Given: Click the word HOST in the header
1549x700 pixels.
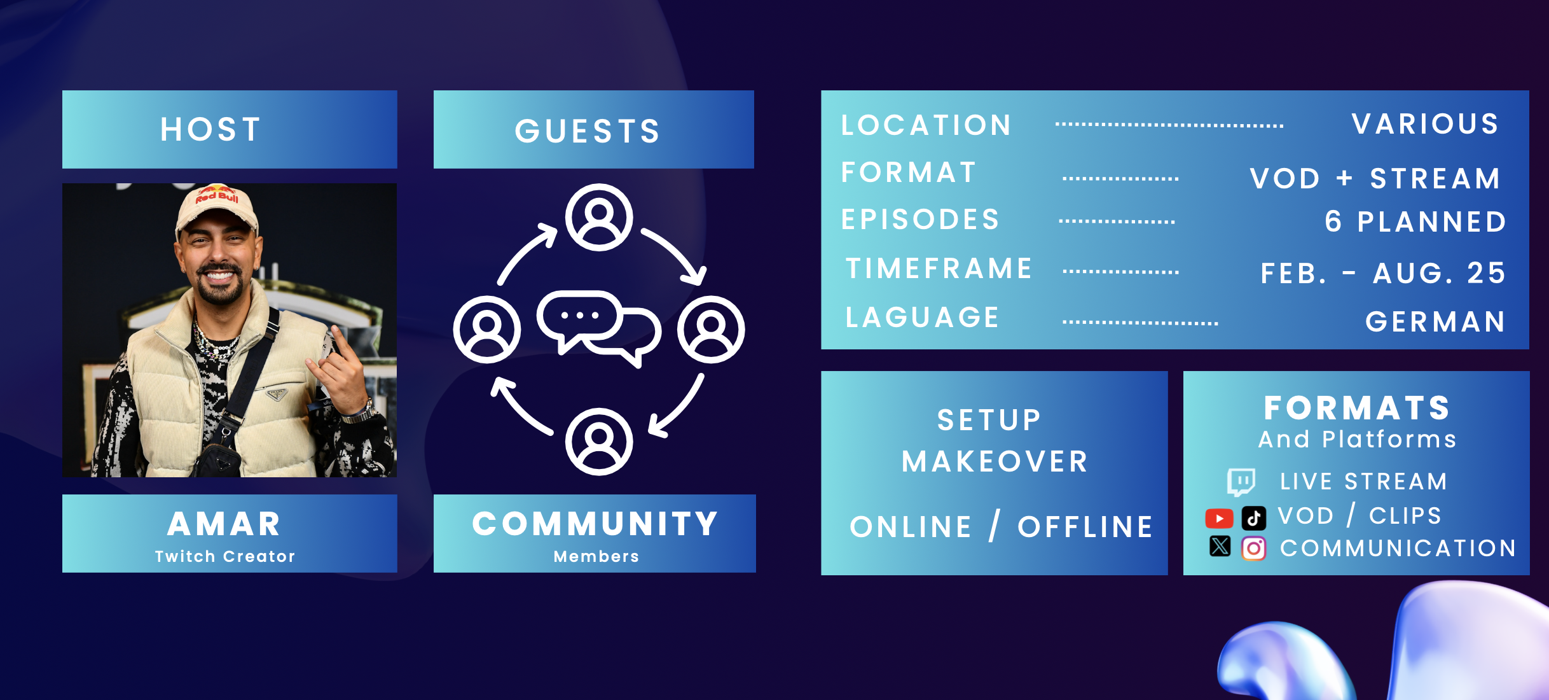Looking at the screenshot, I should click(x=210, y=129).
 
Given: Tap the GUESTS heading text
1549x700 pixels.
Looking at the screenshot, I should click(x=588, y=131).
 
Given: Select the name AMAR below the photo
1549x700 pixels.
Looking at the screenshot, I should click(x=224, y=524).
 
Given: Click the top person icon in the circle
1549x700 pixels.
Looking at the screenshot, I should click(x=599, y=218).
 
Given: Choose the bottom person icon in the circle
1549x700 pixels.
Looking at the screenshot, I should click(x=599, y=442).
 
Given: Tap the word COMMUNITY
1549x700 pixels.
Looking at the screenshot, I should click(x=595, y=524).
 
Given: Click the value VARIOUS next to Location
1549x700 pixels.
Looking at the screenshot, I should click(x=1425, y=124).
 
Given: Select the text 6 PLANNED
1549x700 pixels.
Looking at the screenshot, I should click(x=1415, y=222).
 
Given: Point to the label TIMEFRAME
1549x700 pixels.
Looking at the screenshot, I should click(x=939, y=269).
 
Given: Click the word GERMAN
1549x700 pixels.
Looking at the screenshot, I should click(x=1435, y=322).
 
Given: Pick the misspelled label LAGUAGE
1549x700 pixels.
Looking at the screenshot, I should click(x=923, y=318).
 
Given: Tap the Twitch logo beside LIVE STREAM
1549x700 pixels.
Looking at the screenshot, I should click(x=1241, y=482).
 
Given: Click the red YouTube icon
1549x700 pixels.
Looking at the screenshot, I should click(x=1219, y=518).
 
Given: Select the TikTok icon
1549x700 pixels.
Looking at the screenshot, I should click(x=1254, y=518).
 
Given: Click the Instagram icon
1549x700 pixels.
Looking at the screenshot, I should click(x=1254, y=548).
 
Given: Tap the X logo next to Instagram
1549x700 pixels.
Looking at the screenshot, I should click(x=1220, y=547).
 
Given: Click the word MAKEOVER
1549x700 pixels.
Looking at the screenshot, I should click(x=995, y=461).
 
